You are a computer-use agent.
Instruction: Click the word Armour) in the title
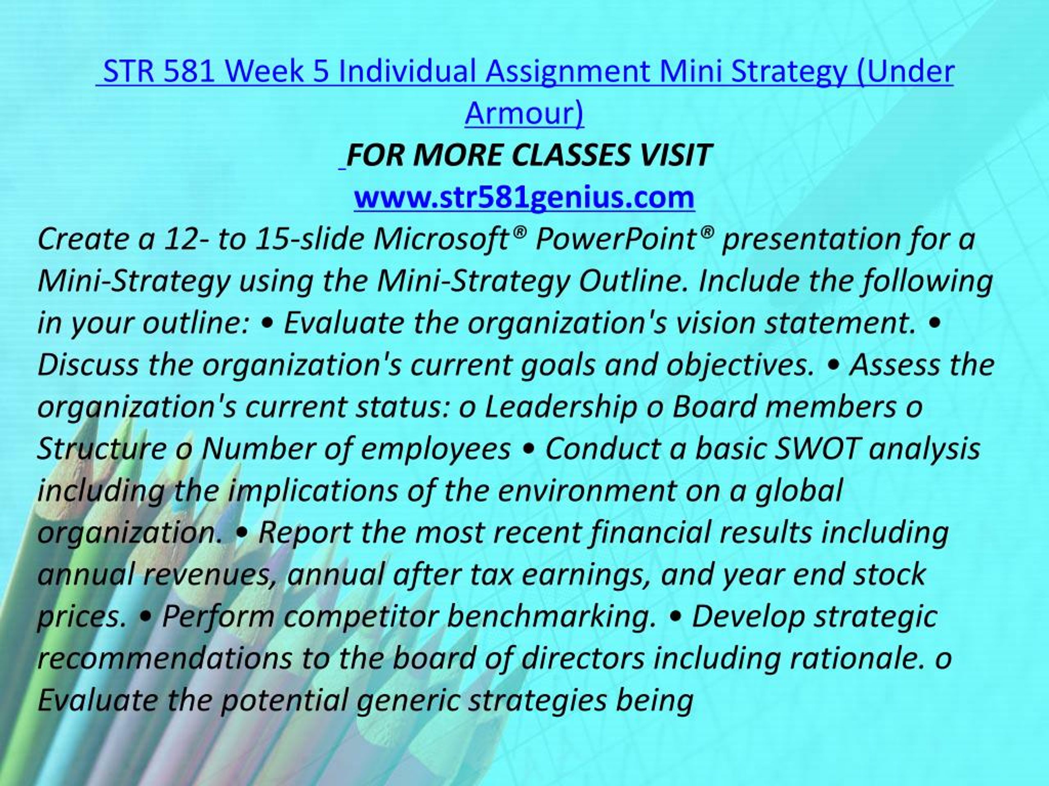524,114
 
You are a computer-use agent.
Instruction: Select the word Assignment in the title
567,72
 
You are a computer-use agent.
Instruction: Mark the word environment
587,491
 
